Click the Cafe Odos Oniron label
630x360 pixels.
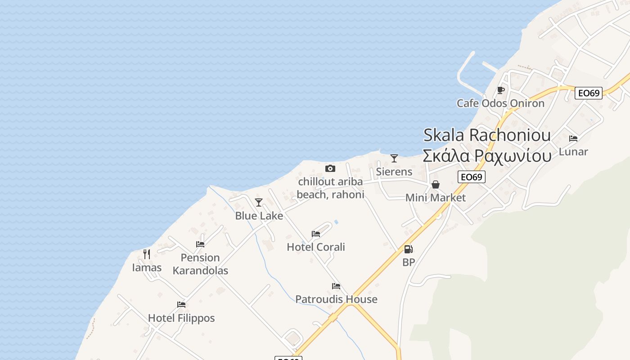(x=500, y=103)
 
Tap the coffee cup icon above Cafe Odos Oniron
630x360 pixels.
(x=501, y=90)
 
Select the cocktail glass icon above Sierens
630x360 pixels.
(x=394, y=158)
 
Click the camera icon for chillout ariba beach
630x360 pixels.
(x=330, y=168)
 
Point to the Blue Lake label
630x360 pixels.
(x=259, y=216)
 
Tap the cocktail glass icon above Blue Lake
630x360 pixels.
(x=259, y=202)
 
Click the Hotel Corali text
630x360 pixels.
(x=316, y=247)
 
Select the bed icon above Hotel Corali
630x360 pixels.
(x=316, y=234)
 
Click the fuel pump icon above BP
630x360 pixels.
(x=408, y=249)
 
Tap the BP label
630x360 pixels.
(x=409, y=262)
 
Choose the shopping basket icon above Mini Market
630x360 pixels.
(x=436, y=184)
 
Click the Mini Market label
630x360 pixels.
(x=436, y=198)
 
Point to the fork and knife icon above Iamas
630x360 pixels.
(x=147, y=254)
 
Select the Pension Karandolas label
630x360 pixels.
(x=200, y=264)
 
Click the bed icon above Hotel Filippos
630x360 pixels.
(x=181, y=305)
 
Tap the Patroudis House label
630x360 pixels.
(x=336, y=299)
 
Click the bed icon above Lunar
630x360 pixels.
(x=573, y=139)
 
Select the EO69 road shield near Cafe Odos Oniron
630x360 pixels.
(x=589, y=93)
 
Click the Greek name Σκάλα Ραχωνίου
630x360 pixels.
(x=487, y=156)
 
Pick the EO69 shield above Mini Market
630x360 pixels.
(x=472, y=177)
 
